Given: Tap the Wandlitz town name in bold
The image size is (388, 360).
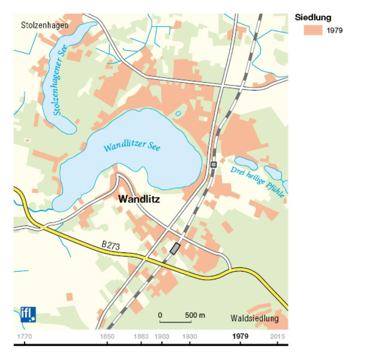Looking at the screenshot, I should pos(139,199).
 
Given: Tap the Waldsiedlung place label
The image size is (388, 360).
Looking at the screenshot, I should pos(255,319).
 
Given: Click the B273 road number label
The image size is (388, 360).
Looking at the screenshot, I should pos(110,245).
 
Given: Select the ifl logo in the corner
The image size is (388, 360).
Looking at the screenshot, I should pos(28,314).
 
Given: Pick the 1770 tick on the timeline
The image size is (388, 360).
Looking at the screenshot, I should pos(24,336).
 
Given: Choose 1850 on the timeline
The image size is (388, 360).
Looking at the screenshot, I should pos(107,336).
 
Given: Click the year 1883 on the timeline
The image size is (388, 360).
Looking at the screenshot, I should pos(141,336).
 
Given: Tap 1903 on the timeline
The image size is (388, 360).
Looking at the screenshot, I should pos(162,336).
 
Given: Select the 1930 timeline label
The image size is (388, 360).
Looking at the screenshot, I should pos(190,336).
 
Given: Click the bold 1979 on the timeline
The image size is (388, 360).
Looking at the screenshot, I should pos(241,336).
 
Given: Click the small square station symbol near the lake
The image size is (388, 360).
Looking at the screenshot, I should pos(213,164).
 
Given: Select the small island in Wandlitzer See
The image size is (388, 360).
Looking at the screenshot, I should pos(178,114).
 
